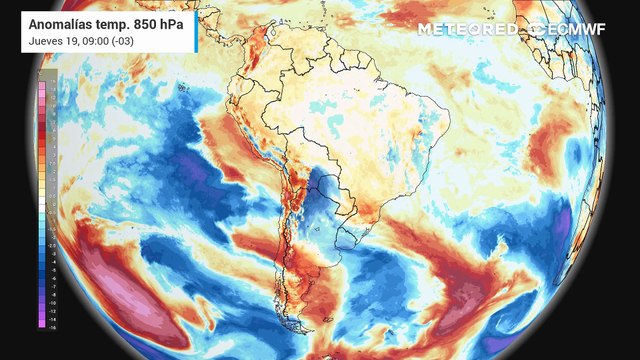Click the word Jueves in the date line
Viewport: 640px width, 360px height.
pyautogui.click(x=44, y=40)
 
